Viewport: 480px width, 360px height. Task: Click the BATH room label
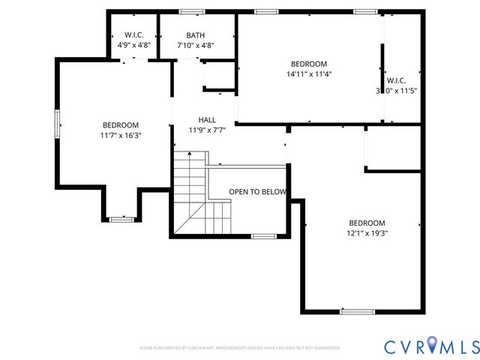point(195,35)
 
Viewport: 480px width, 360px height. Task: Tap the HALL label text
point(207,120)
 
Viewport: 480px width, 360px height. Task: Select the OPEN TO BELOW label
point(257,192)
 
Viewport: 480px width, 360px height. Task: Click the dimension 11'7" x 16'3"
point(121,136)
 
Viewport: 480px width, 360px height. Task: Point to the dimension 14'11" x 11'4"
point(309,74)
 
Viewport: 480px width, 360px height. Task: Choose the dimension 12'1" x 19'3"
point(367,233)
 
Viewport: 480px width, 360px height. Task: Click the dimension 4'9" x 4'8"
point(134,46)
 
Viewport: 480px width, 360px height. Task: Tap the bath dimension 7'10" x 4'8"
point(195,46)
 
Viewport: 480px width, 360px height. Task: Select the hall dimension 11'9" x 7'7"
point(207,130)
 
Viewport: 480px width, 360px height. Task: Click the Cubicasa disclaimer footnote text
point(239,349)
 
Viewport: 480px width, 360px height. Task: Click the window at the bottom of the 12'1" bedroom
point(357,311)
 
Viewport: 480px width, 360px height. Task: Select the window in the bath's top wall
point(192,11)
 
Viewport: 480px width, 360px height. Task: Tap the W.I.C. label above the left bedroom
point(134,35)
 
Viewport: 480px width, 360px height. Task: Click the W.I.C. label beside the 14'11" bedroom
point(397,80)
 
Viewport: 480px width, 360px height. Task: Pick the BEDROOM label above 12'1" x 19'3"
point(367,223)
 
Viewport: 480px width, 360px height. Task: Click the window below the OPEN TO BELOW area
point(263,236)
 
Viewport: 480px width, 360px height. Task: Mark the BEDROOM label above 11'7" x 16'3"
point(121,125)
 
